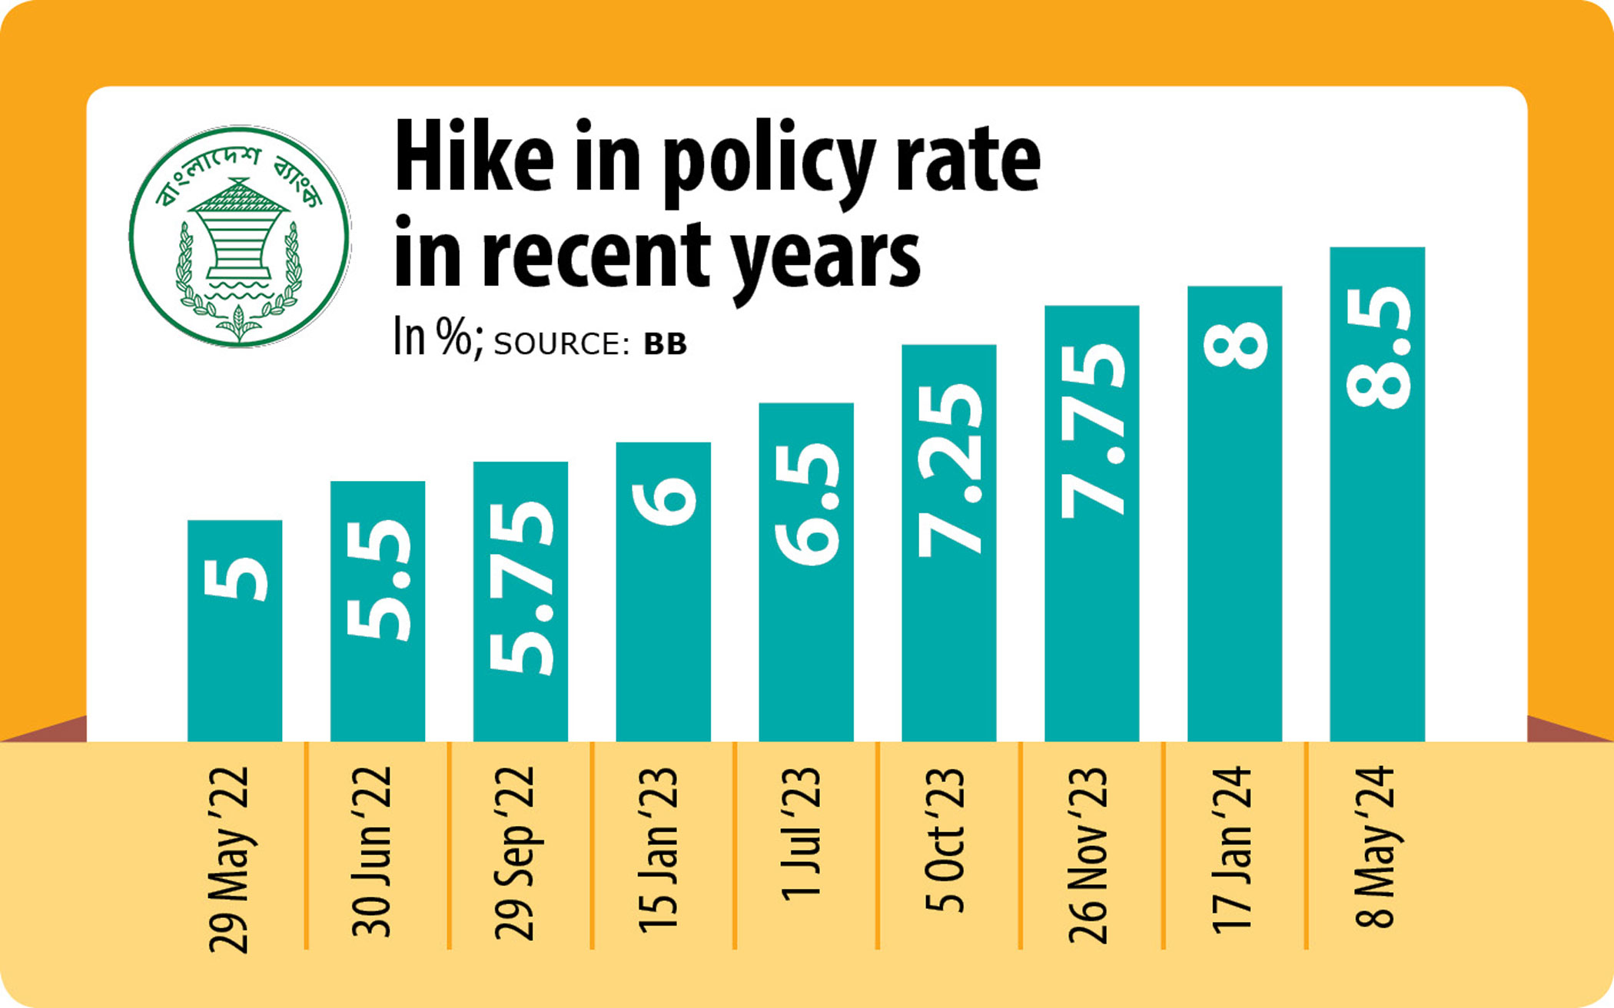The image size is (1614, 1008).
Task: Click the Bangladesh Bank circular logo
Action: [x=239, y=237]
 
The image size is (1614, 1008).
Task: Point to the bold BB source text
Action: [x=665, y=344]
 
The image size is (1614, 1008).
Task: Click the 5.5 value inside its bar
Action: [x=377, y=580]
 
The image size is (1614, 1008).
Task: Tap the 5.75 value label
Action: [x=520, y=588]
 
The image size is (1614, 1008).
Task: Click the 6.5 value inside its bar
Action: [x=806, y=503]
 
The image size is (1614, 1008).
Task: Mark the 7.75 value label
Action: [x=1092, y=430]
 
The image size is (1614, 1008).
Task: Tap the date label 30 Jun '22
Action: [x=373, y=851]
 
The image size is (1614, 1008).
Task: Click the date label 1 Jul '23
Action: [x=802, y=834]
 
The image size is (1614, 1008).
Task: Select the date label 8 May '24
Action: [x=1374, y=847]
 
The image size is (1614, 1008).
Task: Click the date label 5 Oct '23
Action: [x=945, y=839]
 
